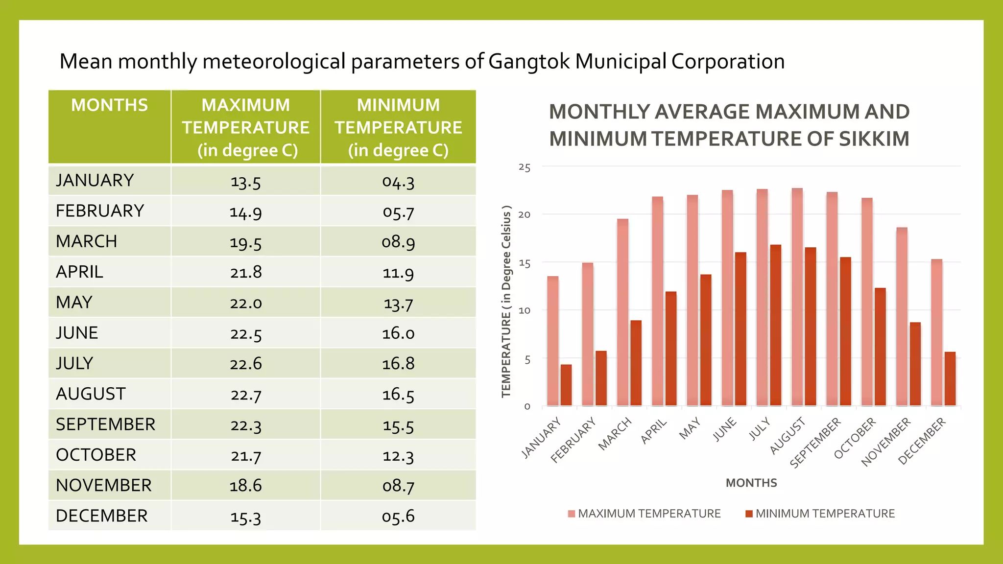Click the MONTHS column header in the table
click(109, 105)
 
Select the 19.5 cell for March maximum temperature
click(246, 242)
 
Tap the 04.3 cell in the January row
click(398, 181)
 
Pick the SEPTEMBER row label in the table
click(105, 424)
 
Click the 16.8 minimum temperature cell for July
click(398, 363)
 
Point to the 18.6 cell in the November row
click(246, 485)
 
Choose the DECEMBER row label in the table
click(101, 516)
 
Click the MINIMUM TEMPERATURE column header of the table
click(398, 127)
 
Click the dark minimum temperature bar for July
click(776, 325)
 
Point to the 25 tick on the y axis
click(525, 167)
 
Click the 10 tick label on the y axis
click(525, 310)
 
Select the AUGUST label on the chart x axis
click(788, 435)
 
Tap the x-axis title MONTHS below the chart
click(751, 483)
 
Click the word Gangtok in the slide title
click(529, 62)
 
